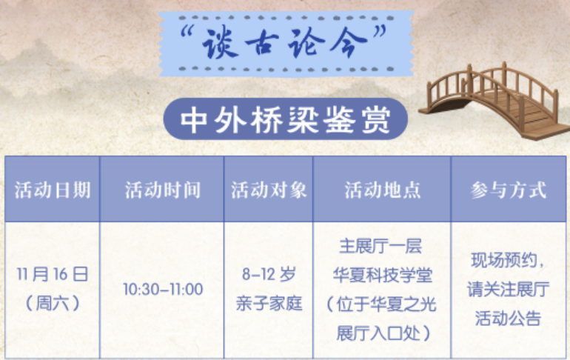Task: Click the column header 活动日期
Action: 53,190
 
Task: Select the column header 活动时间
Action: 163,190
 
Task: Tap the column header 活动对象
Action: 269,190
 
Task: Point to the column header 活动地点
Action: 383,190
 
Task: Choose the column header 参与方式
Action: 509,190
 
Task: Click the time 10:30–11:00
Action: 163,290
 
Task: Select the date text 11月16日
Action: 53,274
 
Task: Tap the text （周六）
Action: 53,303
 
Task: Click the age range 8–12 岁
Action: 269,274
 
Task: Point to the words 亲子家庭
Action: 269,303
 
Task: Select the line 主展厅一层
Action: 380,246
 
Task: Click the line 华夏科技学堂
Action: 383,275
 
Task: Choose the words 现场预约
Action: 503,260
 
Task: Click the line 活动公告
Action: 509,319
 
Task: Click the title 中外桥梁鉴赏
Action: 286,120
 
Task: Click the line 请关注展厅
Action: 509,290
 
